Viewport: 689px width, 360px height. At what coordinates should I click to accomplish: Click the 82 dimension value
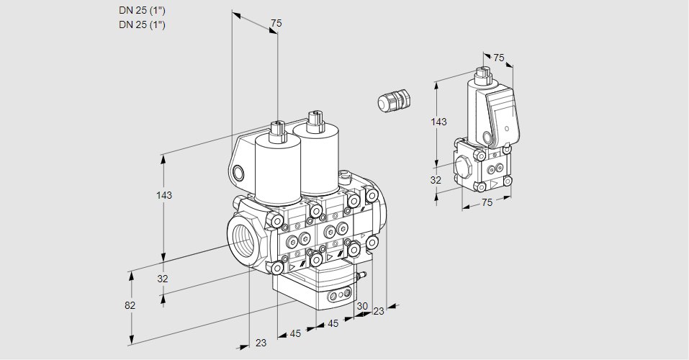click(130, 305)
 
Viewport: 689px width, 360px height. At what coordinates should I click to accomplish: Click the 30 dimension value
click(361, 306)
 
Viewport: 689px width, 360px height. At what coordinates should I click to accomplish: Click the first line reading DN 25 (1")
click(142, 11)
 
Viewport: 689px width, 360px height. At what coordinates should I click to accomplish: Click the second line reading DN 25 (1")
click(142, 24)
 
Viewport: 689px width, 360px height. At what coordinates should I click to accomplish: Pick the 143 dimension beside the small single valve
click(438, 122)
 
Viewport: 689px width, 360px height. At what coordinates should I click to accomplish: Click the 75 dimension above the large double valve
click(276, 24)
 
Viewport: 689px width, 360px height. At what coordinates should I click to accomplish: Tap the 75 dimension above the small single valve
click(499, 58)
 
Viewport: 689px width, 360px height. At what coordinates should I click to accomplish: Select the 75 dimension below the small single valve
click(487, 202)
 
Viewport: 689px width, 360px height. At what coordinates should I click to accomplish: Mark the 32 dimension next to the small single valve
click(436, 180)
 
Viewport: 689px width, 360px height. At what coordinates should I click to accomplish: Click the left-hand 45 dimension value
click(295, 333)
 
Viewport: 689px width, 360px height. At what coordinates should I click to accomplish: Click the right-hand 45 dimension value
click(333, 323)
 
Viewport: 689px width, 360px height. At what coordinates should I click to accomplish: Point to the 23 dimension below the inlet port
click(261, 343)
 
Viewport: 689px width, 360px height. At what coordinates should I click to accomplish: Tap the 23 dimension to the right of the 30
click(379, 311)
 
